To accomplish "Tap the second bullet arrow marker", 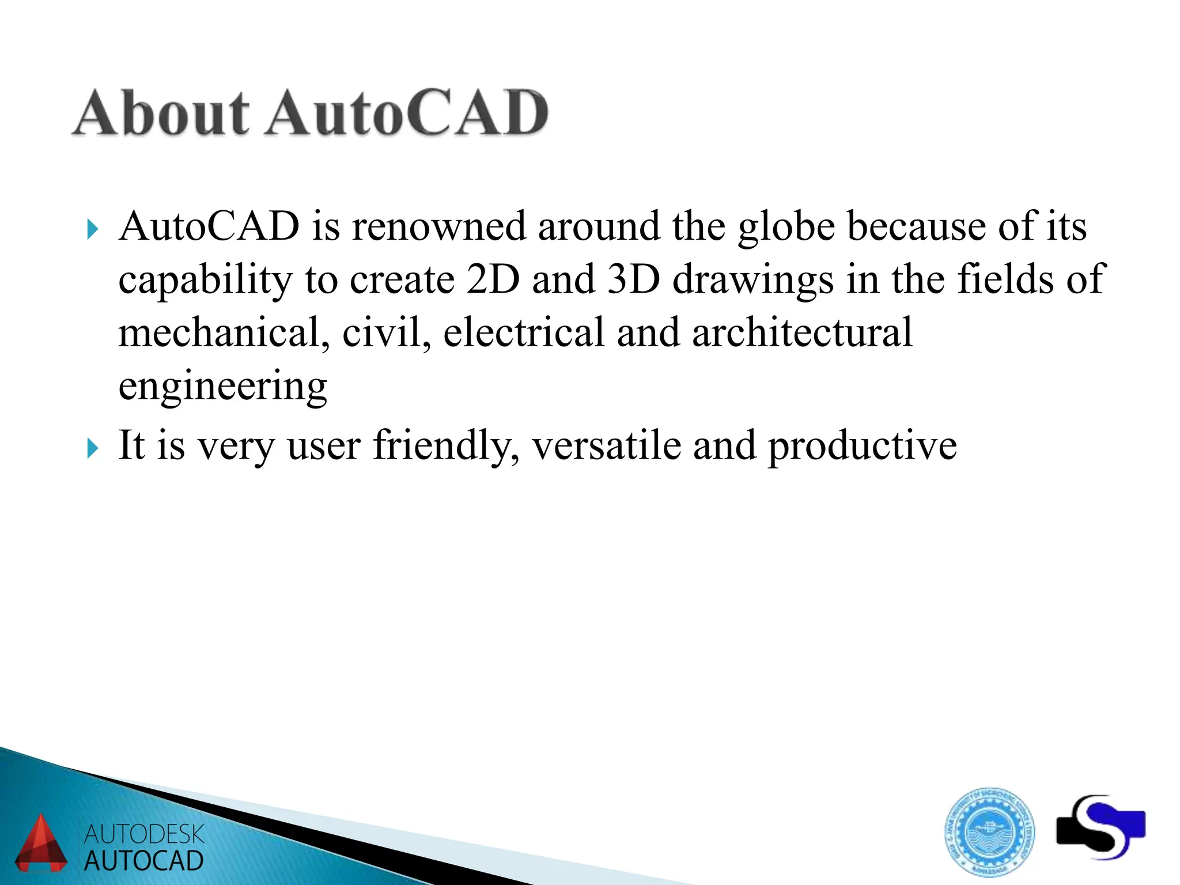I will click(92, 448).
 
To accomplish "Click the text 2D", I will click(493, 279).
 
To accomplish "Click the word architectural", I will click(802, 333).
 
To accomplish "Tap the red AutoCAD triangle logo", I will click(40, 844).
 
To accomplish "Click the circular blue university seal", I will click(989, 831).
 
